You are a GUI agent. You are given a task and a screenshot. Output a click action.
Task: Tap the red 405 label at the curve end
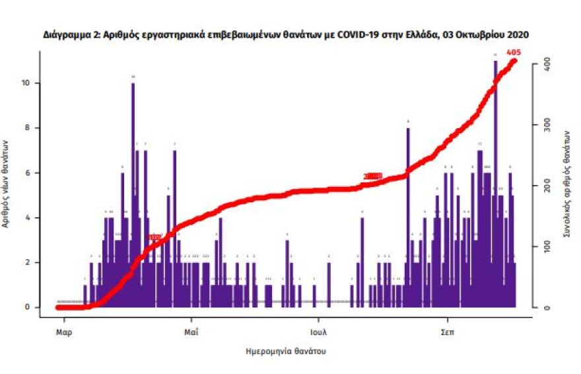click(x=513, y=52)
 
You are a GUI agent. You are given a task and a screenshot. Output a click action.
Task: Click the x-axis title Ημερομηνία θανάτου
click(x=285, y=352)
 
